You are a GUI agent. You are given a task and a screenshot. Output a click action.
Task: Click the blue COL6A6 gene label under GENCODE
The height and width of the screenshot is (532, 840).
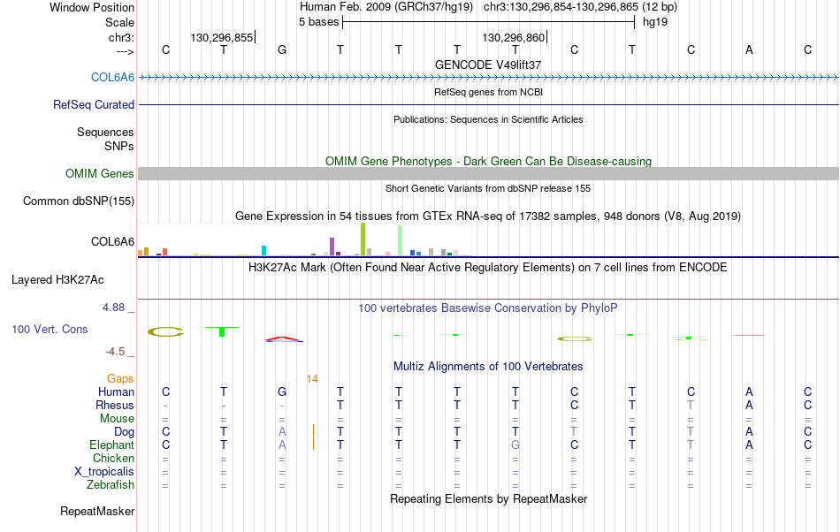pyautogui.click(x=112, y=77)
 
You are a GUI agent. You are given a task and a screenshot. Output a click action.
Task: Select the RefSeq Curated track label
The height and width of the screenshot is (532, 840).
pyautogui.click(x=94, y=104)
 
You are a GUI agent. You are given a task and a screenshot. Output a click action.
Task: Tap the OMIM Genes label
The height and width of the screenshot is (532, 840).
pyautogui.click(x=100, y=173)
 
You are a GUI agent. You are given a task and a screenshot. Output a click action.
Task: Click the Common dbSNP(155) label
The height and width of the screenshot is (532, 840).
pyautogui.click(x=79, y=201)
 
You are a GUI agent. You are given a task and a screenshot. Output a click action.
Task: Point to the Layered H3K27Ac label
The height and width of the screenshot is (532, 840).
pyautogui.click(x=57, y=279)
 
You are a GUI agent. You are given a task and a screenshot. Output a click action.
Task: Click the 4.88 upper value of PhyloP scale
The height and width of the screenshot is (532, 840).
pyautogui.click(x=113, y=308)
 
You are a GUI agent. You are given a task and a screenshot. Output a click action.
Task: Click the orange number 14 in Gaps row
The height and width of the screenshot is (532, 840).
pyautogui.click(x=312, y=379)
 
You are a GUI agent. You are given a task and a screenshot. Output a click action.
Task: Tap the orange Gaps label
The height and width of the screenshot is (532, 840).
pyautogui.click(x=120, y=378)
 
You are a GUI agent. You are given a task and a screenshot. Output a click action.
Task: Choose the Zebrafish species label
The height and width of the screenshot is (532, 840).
pyautogui.click(x=111, y=484)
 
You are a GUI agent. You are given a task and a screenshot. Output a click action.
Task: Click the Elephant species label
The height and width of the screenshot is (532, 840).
pyautogui.click(x=112, y=445)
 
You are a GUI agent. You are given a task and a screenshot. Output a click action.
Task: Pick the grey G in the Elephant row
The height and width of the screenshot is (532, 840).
pyautogui.click(x=515, y=445)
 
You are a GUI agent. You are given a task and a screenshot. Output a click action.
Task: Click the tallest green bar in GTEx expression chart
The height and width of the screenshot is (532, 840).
pyautogui.click(x=363, y=239)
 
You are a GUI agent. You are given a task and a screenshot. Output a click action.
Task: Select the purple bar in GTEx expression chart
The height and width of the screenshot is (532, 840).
pyautogui.click(x=332, y=247)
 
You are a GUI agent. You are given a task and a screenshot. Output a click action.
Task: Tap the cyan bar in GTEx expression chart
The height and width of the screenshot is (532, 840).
pyautogui.click(x=264, y=250)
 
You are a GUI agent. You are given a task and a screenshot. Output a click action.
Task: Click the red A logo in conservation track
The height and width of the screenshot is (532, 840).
pyautogui.click(x=284, y=338)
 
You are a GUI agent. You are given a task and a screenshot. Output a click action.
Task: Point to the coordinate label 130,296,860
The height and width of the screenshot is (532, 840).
pyautogui.click(x=513, y=37)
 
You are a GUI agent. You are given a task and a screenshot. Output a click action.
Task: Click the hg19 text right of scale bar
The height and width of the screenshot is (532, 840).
pyautogui.click(x=655, y=22)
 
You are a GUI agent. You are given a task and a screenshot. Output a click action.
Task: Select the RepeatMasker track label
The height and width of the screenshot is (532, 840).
pyautogui.click(x=97, y=511)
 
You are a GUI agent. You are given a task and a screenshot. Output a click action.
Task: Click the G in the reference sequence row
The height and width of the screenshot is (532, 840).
pyautogui.click(x=282, y=49)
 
